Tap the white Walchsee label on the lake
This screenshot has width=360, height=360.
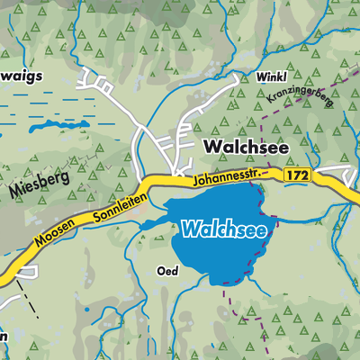[223, 229]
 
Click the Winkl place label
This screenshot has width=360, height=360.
[271, 77]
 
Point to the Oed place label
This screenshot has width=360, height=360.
[166, 271]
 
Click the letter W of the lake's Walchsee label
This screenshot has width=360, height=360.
[189, 229]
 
